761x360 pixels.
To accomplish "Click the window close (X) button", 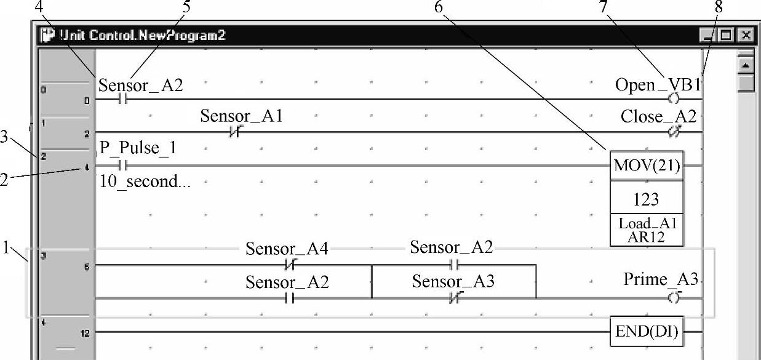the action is coord(746,36).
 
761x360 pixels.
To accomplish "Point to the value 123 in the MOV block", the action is coord(646,199).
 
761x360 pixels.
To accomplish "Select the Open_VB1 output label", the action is coord(658,85).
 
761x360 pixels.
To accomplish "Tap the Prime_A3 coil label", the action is coord(661,281).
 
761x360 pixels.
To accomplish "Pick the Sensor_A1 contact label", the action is coord(241,116).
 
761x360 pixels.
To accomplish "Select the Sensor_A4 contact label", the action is coord(287,249).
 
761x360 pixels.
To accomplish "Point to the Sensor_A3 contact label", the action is coord(453,282).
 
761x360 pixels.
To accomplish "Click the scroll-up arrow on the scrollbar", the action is coord(746,65).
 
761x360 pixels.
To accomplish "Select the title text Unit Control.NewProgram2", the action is coord(141,35).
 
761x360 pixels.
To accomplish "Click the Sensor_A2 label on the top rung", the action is coord(141,85).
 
